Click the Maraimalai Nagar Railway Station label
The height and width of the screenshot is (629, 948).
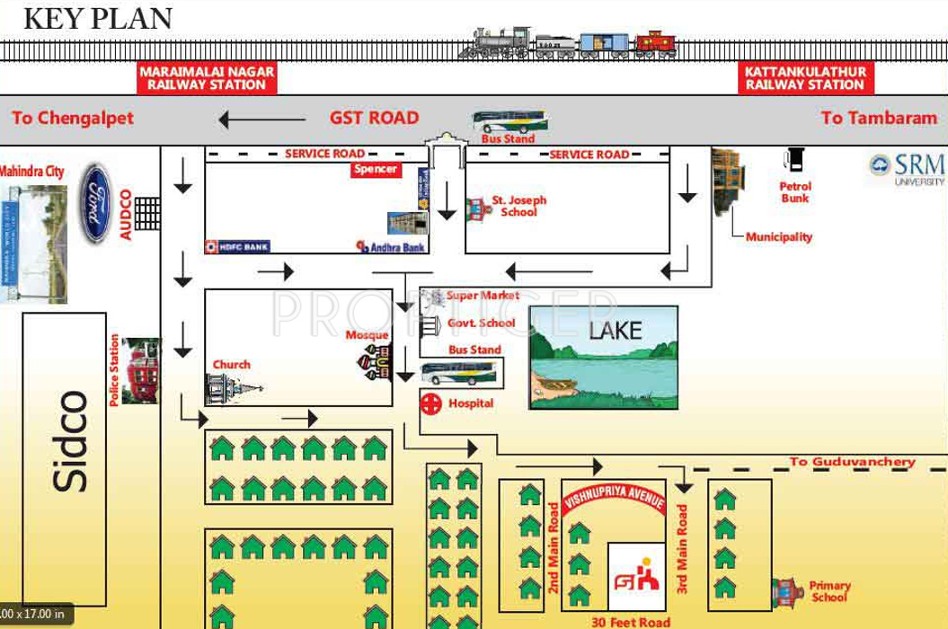coord(208,78)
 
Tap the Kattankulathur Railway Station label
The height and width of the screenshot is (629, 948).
coord(804,78)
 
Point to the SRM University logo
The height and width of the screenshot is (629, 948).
coord(907,168)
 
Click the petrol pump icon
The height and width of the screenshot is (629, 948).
coord(793,159)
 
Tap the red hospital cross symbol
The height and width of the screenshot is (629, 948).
coord(431,403)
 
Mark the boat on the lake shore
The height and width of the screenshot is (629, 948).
coord(556,387)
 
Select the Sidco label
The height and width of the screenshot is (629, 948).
coord(72,441)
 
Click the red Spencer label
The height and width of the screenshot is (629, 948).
coord(376,171)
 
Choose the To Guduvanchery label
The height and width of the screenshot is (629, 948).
coord(852,462)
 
